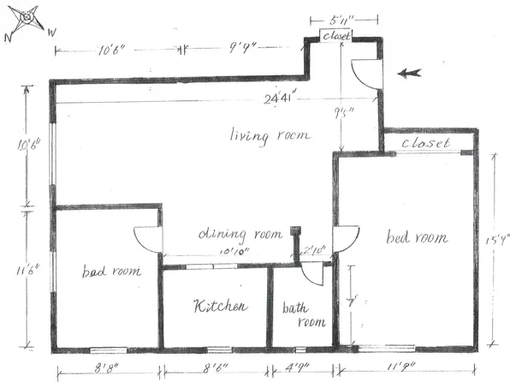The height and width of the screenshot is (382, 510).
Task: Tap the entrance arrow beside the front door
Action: click(x=409, y=74)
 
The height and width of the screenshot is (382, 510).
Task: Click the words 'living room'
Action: click(x=270, y=135)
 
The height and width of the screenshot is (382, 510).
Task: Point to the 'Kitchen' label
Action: click(x=220, y=306)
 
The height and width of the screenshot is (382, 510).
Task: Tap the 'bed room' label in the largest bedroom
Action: click(x=417, y=237)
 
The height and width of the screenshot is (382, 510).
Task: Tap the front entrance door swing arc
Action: click(x=366, y=75)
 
